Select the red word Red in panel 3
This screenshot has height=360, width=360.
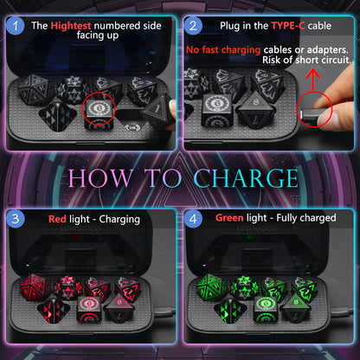pyautogui.click(x=58, y=219)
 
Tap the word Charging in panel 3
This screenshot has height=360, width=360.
pyautogui.click(x=117, y=219)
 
